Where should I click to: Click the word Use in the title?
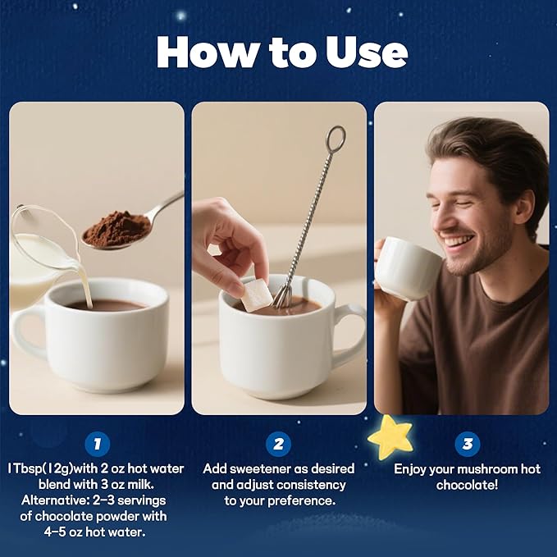click(367, 52)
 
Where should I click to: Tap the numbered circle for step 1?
click(98, 444)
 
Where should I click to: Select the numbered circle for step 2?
click(279, 444)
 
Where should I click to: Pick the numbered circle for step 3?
click(468, 444)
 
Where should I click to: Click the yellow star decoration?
click(390, 436)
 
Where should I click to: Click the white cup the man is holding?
click(408, 267)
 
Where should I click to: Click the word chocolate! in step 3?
click(467, 485)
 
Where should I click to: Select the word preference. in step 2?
click(302, 500)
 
